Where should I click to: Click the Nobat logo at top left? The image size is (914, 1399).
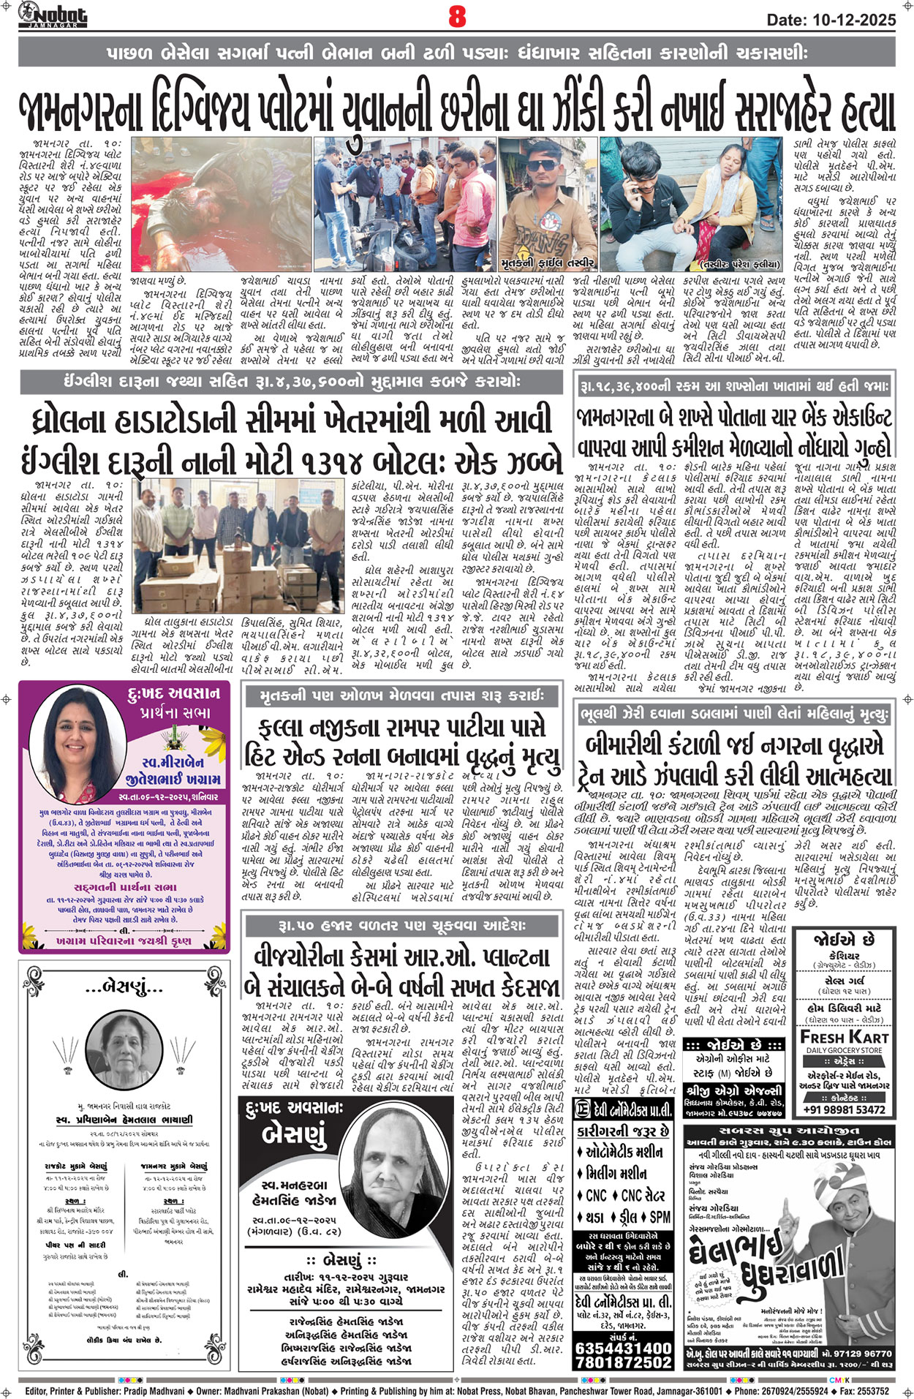(x=53, y=14)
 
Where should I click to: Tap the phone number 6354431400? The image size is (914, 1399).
(x=623, y=1347)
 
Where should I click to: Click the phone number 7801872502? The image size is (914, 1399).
(x=623, y=1362)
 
